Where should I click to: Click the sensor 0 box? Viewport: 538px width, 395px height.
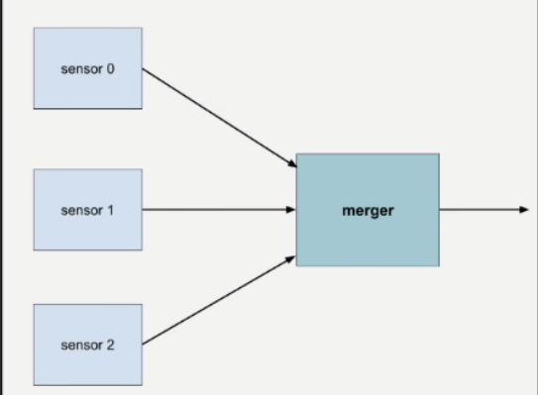88,68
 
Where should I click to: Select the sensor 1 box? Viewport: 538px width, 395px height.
88,209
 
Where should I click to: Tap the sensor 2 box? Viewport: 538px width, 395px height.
88,346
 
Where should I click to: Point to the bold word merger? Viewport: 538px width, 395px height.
368,211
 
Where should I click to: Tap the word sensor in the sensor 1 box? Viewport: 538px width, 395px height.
81,211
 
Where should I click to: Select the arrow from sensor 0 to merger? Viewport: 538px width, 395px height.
218,116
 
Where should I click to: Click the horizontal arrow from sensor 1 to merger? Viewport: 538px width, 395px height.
218,210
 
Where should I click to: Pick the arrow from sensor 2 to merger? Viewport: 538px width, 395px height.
218,300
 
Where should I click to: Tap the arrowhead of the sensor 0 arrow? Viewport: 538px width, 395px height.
291,164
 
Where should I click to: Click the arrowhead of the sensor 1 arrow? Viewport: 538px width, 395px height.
291,210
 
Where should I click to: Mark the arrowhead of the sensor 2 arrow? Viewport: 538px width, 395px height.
291,257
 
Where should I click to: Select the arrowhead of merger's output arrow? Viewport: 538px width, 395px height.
523,210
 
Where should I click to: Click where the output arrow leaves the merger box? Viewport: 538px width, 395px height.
441,210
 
